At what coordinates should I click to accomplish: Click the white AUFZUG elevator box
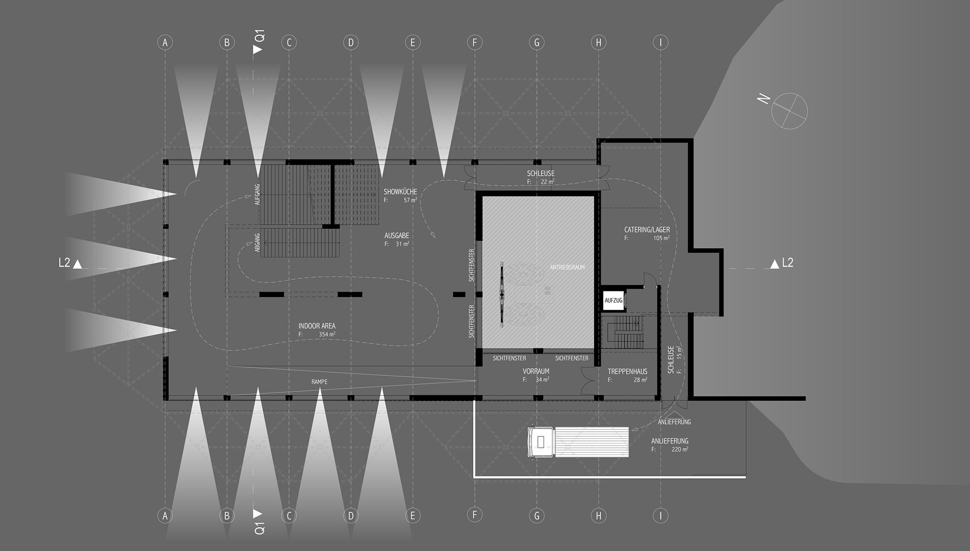tap(613, 300)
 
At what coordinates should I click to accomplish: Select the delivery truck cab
tap(541, 442)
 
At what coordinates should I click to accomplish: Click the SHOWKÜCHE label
tap(400, 192)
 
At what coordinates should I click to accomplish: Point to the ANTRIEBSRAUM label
tap(567, 267)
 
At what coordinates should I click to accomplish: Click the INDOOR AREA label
tap(317, 326)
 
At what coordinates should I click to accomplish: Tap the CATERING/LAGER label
tap(647, 230)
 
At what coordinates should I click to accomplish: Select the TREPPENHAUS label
tap(627, 371)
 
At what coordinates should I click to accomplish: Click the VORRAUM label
tap(536, 371)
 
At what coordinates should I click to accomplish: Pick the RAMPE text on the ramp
tap(319, 382)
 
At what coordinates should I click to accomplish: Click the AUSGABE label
tap(397, 236)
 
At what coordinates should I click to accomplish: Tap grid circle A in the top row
tap(165, 42)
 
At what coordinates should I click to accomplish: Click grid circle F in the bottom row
tap(474, 515)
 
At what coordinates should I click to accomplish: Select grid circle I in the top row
tap(660, 42)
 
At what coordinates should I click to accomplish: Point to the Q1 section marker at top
tap(259, 42)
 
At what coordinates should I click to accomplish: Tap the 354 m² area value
tap(327, 334)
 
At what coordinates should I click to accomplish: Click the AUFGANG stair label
tap(257, 194)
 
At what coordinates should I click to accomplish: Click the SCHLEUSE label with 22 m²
tap(541, 173)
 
